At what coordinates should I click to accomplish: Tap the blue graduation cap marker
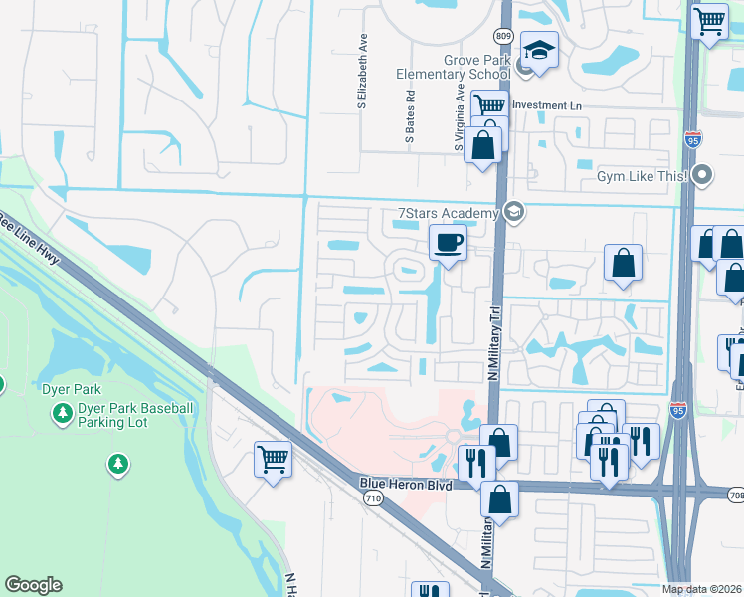(x=539, y=50)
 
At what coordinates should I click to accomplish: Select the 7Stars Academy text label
(x=447, y=213)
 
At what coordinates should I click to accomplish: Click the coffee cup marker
(x=448, y=242)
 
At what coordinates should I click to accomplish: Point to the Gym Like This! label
(x=642, y=176)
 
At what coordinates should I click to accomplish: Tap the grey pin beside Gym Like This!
(x=704, y=176)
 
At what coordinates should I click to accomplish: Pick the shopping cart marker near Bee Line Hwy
(x=273, y=459)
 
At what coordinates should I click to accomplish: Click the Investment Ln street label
(x=545, y=105)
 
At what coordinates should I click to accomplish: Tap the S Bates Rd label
(x=410, y=118)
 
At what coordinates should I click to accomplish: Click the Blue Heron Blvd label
(x=406, y=485)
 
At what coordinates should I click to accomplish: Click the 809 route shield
(x=504, y=37)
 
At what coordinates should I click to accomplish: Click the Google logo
(x=33, y=585)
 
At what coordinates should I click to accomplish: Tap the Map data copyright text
(x=701, y=589)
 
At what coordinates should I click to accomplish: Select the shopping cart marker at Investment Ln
(x=489, y=105)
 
